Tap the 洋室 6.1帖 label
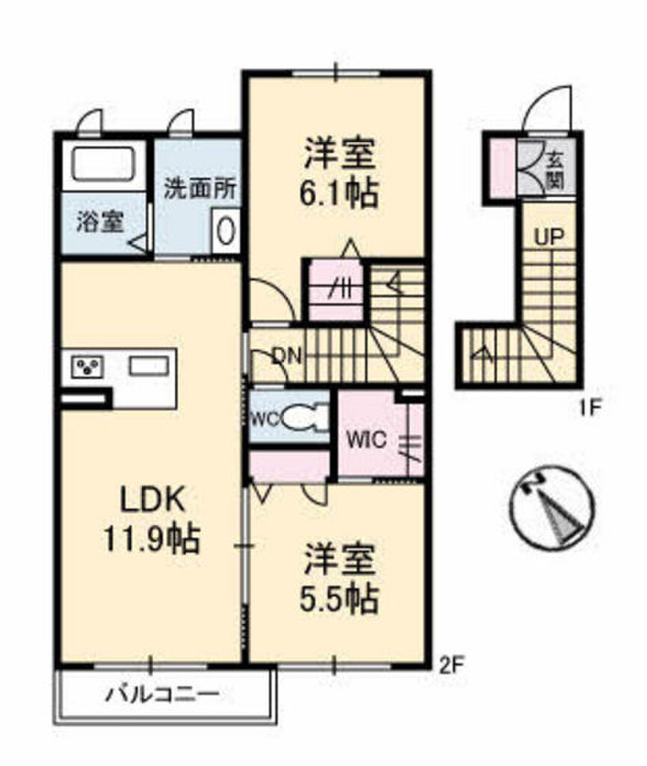click(340, 173)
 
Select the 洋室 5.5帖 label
click(340, 578)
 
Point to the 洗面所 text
click(199, 189)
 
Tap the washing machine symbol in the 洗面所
click(226, 231)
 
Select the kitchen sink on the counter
click(149, 365)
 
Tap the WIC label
click(366, 440)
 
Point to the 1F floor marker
click(587, 406)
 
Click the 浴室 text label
click(100, 223)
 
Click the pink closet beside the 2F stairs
click(335, 291)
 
